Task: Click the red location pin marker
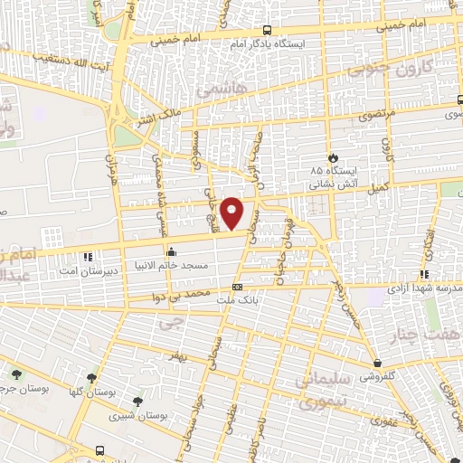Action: [232, 213]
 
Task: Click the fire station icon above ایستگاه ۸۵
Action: [333, 156]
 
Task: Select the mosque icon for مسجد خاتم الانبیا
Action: [170, 252]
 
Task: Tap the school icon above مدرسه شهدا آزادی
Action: [423, 275]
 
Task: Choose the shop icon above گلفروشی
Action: [375, 364]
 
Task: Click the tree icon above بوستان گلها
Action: [91, 378]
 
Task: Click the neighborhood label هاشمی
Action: [214, 91]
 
